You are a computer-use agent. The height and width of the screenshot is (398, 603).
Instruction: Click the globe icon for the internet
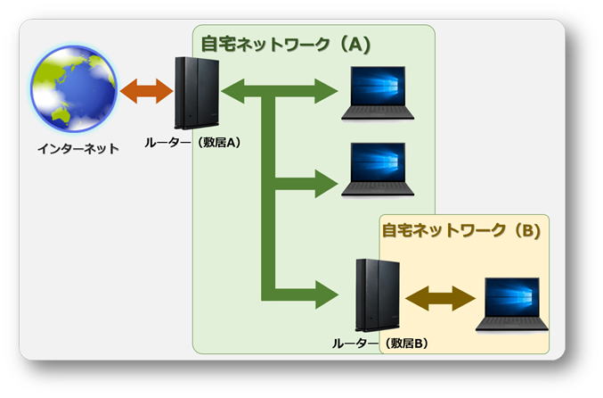click(74, 88)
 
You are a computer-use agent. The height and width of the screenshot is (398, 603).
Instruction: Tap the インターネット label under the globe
click(78, 149)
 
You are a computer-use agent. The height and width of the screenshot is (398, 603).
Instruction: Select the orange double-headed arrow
click(147, 91)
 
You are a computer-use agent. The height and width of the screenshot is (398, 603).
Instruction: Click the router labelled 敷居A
click(197, 93)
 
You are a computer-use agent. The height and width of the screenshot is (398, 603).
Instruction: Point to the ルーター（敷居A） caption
click(193, 143)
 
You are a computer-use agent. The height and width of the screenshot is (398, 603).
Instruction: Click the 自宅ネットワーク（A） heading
click(286, 44)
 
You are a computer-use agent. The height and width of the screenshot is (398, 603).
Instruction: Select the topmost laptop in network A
click(378, 93)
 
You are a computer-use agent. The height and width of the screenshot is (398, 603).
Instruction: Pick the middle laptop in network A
click(378, 170)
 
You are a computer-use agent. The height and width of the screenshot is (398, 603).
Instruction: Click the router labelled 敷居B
click(378, 295)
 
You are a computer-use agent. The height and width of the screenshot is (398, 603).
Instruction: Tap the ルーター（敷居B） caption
click(380, 344)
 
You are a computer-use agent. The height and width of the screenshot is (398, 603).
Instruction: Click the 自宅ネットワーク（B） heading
click(461, 230)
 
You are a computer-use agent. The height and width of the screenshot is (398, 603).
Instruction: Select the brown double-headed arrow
click(441, 298)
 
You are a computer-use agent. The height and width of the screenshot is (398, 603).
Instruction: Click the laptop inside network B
click(512, 304)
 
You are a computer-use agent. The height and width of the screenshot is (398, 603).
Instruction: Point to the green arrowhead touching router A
click(233, 91)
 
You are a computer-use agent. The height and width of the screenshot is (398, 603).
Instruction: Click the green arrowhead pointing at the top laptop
click(326, 91)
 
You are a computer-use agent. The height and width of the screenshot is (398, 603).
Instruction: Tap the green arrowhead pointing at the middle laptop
click(326, 184)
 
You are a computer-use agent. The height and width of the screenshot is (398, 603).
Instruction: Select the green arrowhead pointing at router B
click(327, 294)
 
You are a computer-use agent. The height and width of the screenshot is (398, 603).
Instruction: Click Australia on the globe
click(61, 116)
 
